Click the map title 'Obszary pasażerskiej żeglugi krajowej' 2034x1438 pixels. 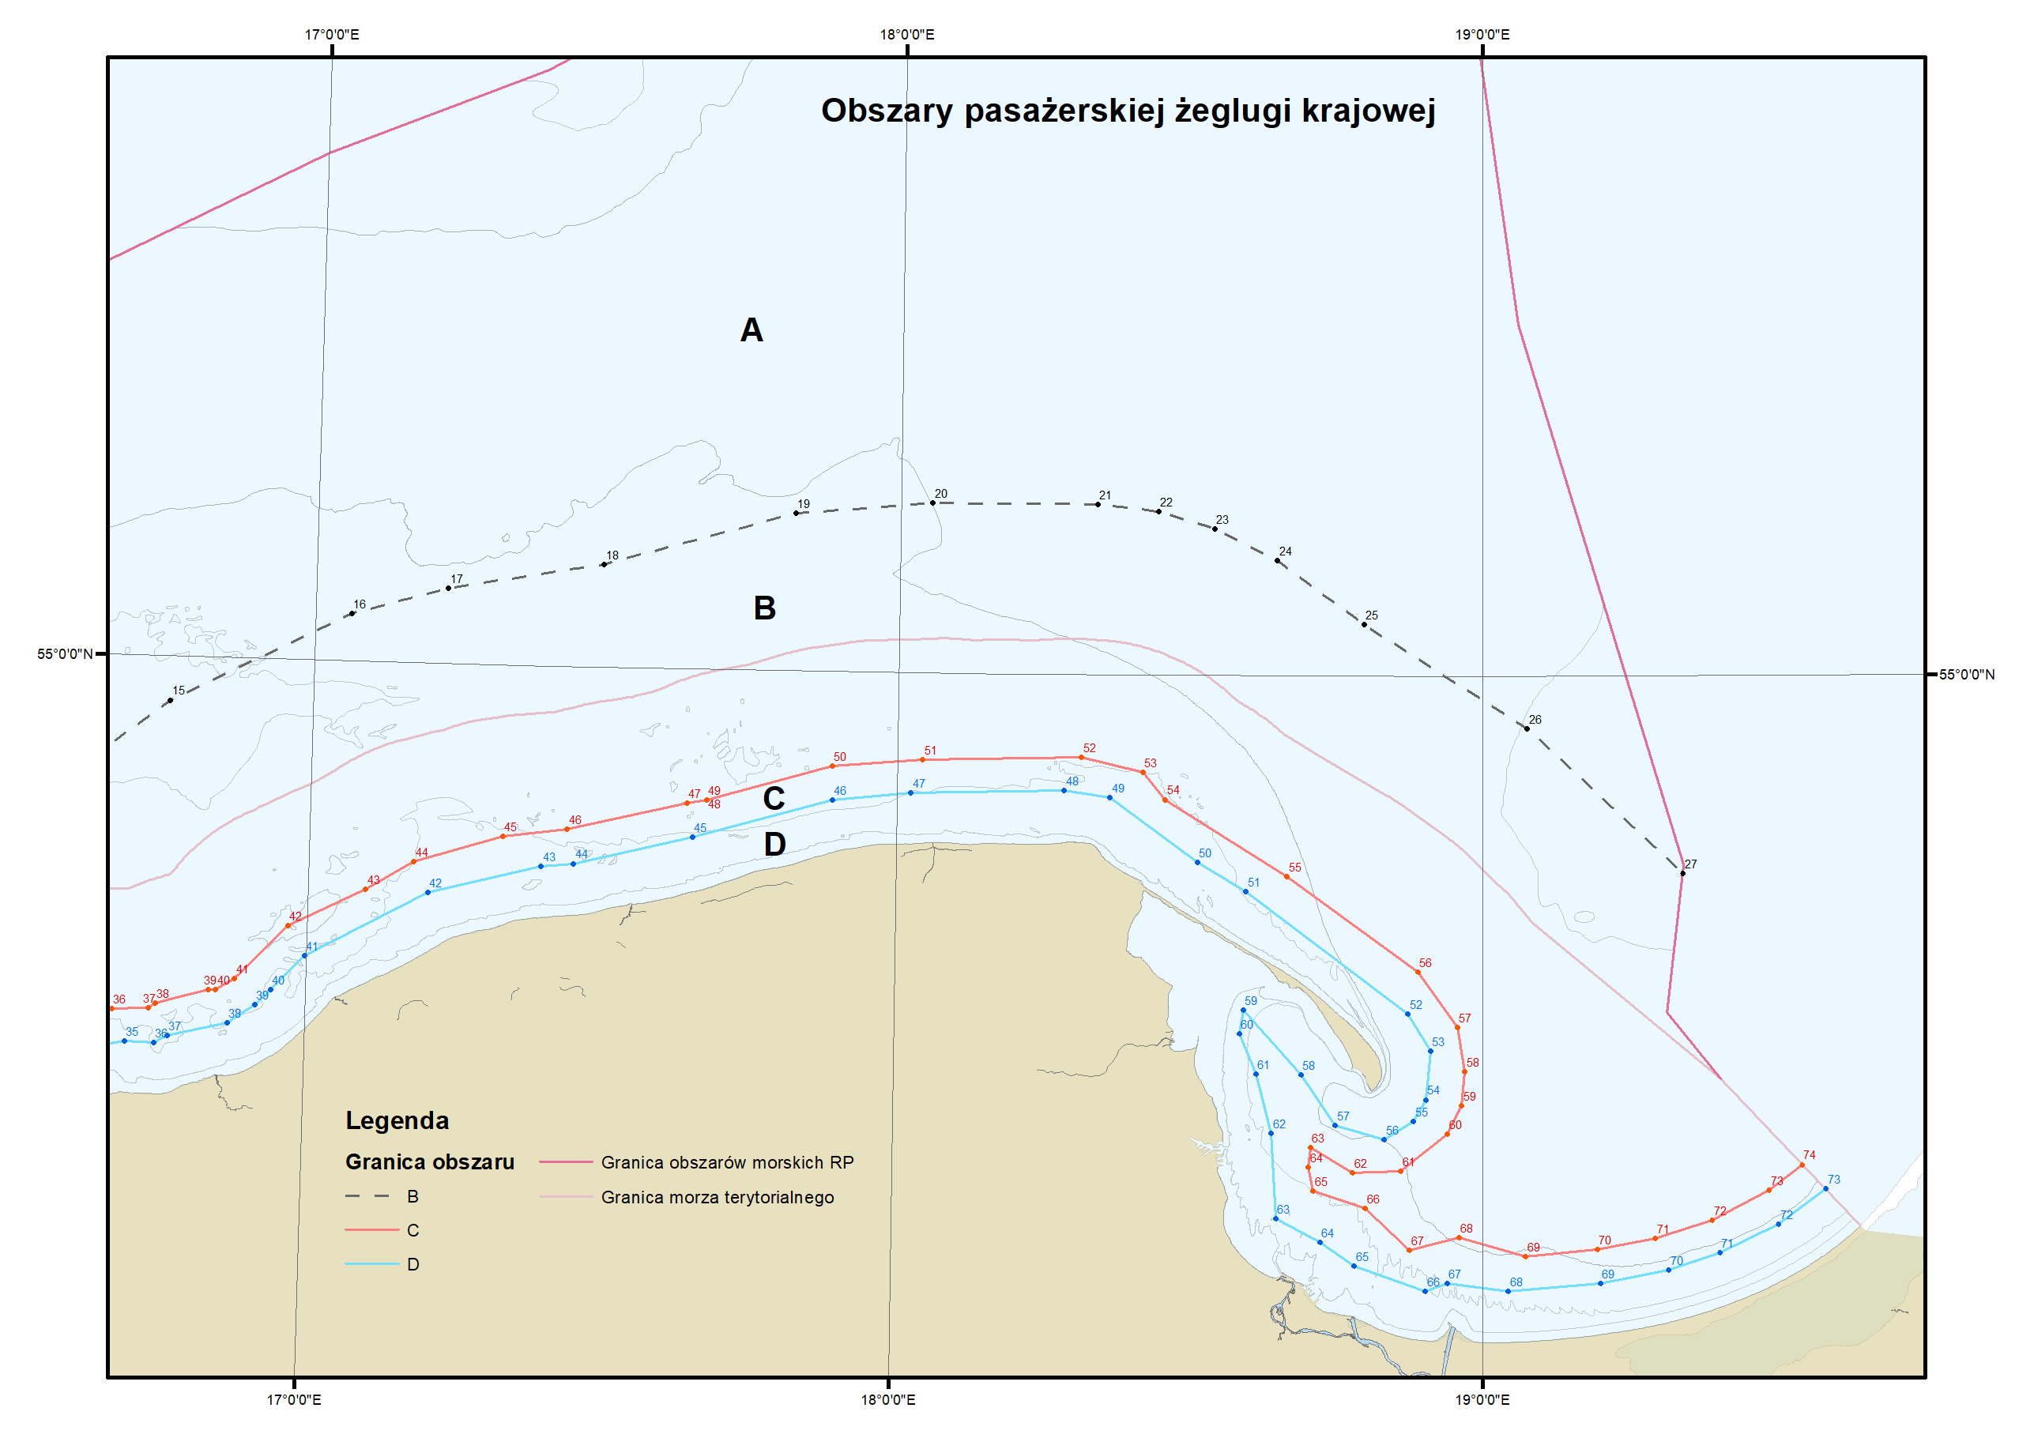pyautogui.click(x=1128, y=111)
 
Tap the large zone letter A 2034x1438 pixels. pyautogui.click(x=751, y=330)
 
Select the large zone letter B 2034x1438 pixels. pyautogui.click(x=764, y=608)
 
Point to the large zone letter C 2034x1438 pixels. pyautogui.click(x=774, y=798)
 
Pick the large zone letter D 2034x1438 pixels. pyautogui.click(x=774, y=845)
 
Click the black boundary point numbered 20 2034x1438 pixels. pyautogui.click(x=932, y=503)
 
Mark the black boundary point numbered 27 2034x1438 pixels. pyautogui.click(x=1682, y=874)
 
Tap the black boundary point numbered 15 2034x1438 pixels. pyautogui.click(x=170, y=701)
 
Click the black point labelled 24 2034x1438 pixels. pyautogui.click(x=1278, y=561)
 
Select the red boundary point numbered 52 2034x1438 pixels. pyautogui.click(x=1082, y=758)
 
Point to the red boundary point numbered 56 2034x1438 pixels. pyautogui.click(x=1418, y=972)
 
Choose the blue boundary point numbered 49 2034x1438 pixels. pyautogui.click(x=1110, y=797)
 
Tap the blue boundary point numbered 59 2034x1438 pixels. pyautogui.click(x=1243, y=1010)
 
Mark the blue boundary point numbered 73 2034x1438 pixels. pyautogui.click(x=1826, y=1189)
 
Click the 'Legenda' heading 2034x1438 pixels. pyautogui.click(x=397, y=1121)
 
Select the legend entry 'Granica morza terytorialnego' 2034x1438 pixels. pyautogui.click(x=717, y=1197)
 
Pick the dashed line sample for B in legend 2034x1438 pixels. pyautogui.click(x=367, y=1196)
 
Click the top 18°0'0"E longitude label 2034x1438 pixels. pyautogui.click(x=906, y=35)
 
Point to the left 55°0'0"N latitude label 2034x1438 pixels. pyautogui.click(x=65, y=654)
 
